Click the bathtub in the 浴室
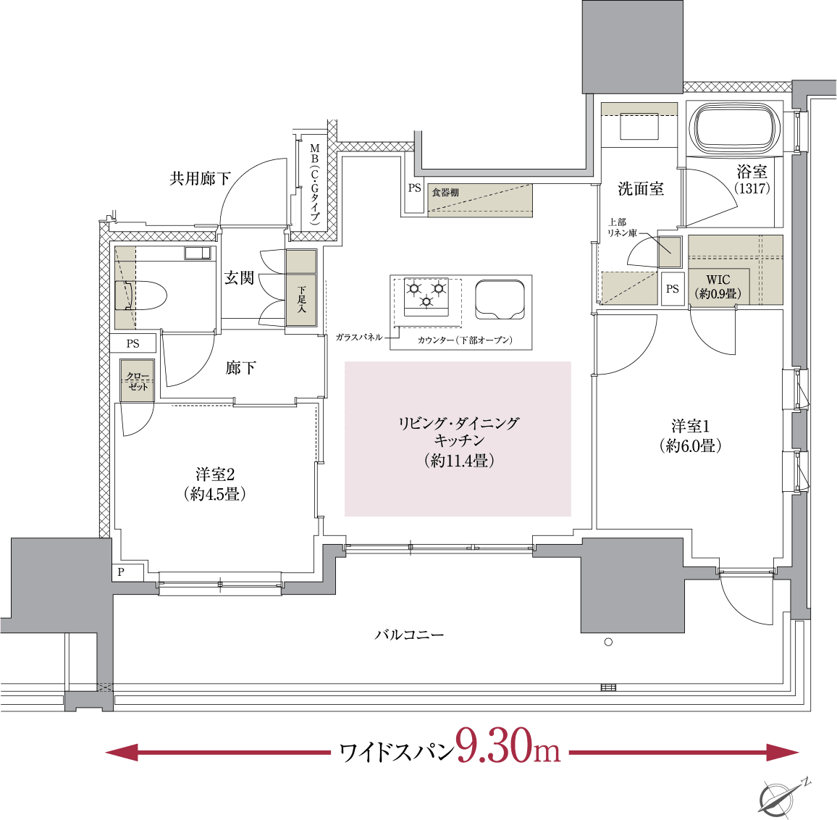(x=736, y=128)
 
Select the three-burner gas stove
(x=426, y=296)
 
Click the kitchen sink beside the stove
(x=500, y=298)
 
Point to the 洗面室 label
(x=640, y=189)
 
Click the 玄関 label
(x=239, y=277)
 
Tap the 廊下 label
(x=240, y=368)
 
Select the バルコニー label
(x=409, y=635)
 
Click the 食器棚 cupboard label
(x=445, y=193)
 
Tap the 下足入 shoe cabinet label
(x=302, y=299)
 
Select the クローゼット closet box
(x=138, y=381)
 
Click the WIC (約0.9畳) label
(x=718, y=287)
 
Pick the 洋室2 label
(x=215, y=484)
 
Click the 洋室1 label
(x=691, y=435)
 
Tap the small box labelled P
(x=121, y=572)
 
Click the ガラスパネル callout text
(x=359, y=338)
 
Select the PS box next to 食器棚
(x=414, y=189)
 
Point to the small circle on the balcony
(x=608, y=642)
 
